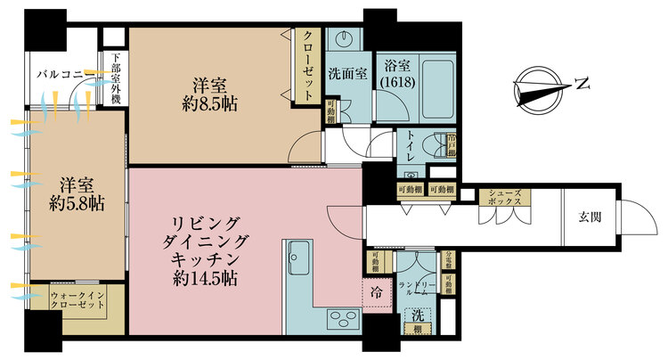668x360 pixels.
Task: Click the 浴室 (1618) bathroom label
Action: pyautogui.click(x=395, y=72)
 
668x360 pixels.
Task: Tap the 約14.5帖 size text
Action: pyautogui.click(x=204, y=279)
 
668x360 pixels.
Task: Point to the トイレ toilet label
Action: pyautogui.click(x=409, y=148)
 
